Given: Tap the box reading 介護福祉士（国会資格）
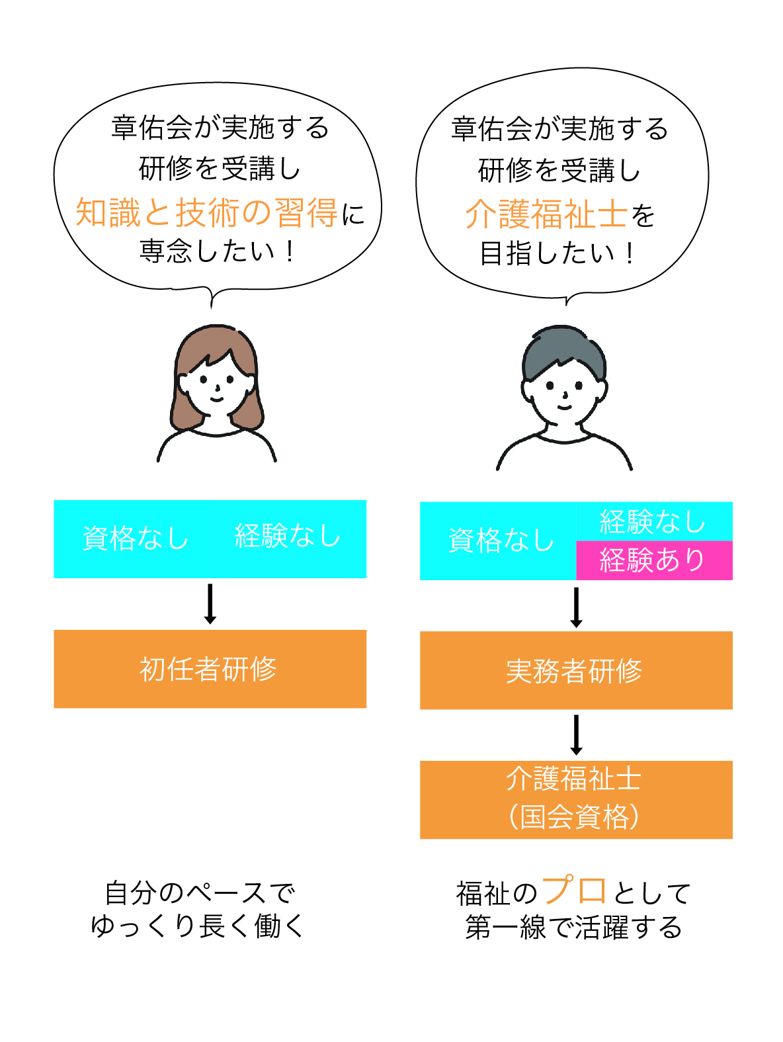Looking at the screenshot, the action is click(576, 799).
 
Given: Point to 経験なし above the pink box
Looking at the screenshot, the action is click(653, 521).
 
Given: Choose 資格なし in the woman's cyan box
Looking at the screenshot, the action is click(136, 539).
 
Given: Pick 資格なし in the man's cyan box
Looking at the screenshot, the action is click(501, 541).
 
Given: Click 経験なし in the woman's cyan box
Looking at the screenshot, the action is click(288, 536).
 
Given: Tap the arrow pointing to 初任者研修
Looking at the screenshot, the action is click(210, 603).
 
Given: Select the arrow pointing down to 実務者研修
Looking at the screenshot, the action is click(576, 607).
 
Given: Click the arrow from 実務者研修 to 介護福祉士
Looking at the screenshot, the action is click(576, 735).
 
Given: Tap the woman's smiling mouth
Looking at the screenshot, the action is click(217, 399).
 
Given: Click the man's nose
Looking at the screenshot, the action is click(565, 395).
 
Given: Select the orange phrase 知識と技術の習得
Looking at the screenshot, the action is click(206, 212).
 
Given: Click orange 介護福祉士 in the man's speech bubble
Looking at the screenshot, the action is click(546, 214).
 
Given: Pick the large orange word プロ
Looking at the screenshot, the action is click(574, 890).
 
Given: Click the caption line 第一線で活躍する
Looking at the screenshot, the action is click(573, 928).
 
